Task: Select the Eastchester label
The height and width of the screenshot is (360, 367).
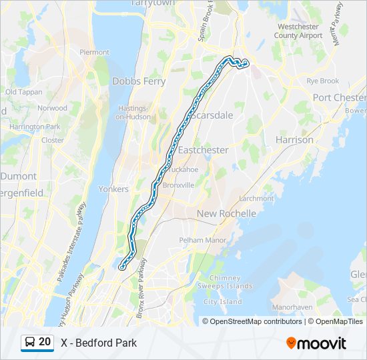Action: [x=203, y=150]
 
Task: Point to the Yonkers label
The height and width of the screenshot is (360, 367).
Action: [x=113, y=189]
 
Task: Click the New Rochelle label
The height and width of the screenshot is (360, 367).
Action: [x=226, y=213]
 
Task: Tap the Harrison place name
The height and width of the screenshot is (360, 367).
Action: [x=294, y=140]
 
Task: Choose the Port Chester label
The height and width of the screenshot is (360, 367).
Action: [x=339, y=97]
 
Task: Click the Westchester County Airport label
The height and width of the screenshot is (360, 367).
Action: [x=300, y=31]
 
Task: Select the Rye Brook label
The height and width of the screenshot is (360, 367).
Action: [x=322, y=81]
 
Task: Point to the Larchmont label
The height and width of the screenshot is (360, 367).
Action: [x=256, y=199]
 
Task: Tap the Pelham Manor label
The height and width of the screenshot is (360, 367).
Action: [x=198, y=239]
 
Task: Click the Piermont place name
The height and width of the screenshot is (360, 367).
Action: [x=94, y=52]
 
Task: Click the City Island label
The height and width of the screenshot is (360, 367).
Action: [x=222, y=301]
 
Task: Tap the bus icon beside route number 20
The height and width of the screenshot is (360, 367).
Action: [x=30, y=342]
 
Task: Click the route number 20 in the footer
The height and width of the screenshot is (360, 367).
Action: [x=45, y=342]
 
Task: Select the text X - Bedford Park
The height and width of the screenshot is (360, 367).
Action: [x=99, y=343]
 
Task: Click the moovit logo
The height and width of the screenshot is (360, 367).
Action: [x=316, y=343]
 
